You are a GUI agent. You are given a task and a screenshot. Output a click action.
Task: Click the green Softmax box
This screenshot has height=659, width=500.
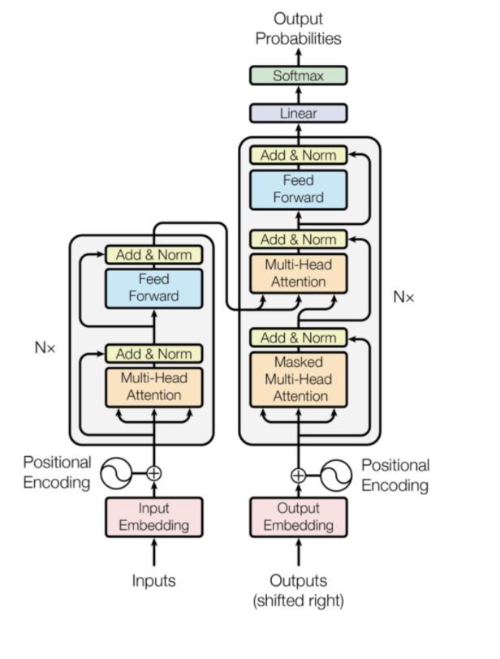click(x=299, y=75)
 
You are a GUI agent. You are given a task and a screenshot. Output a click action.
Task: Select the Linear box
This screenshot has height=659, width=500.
click(x=299, y=114)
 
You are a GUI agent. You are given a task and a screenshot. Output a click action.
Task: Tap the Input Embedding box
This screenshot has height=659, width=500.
click(x=153, y=517)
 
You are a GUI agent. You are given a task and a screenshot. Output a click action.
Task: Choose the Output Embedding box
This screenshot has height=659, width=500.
click(x=299, y=517)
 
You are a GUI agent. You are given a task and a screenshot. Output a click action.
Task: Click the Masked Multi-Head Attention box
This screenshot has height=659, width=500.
click(x=299, y=380)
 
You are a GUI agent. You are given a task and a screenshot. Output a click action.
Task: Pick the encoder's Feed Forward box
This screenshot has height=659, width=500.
click(x=153, y=288)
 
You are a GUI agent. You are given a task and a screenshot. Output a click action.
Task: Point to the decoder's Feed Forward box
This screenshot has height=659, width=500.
click(x=299, y=190)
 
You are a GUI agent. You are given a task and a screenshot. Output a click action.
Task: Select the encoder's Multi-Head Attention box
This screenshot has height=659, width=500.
click(x=153, y=387)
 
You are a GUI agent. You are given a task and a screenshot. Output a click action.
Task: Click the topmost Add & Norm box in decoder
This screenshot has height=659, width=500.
click(x=299, y=155)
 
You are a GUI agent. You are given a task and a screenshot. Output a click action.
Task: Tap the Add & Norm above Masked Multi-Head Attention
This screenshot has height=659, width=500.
click(x=299, y=338)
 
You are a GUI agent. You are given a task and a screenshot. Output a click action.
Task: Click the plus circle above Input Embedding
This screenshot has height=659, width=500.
click(x=153, y=473)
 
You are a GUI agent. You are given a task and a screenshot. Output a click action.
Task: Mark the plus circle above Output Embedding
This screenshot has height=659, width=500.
click(x=299, y=476)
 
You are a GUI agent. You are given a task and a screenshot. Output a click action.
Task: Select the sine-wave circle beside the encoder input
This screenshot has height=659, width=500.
click(x=116, y=473)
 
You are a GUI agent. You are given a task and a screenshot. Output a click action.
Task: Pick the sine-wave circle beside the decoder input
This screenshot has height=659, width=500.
click(x=336, y=476)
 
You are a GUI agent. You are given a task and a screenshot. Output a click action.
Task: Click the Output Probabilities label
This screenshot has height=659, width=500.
click(x=299, y=28)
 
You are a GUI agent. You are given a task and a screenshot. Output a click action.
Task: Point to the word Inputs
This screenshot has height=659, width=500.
click(x=153, y=580)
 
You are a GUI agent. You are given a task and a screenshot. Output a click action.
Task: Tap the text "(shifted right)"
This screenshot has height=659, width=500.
click(x=299, y=601)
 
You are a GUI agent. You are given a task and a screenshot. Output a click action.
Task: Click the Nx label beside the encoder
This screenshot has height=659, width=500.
click(x=45, y=347)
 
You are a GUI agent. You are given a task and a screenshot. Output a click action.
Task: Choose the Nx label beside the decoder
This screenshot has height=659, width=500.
click(x=403, y=297)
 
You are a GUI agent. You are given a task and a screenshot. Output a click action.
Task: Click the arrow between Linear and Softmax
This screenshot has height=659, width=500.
click(x=299, y=95)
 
